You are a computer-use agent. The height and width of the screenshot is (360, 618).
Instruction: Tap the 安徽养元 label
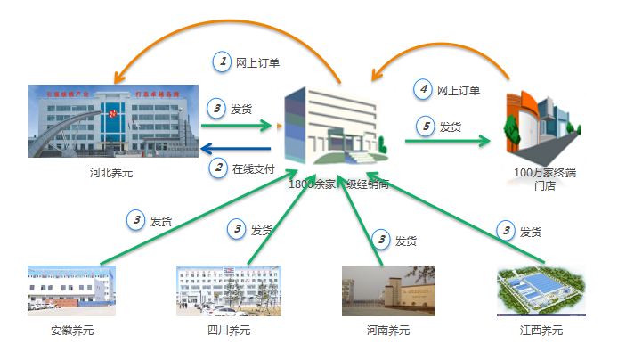72,331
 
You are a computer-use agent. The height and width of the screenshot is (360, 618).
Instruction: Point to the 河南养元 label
388,331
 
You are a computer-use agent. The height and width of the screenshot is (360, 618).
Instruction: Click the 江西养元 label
541,331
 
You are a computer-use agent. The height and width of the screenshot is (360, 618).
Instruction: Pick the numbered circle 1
221,61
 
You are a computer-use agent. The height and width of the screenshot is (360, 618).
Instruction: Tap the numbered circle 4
424,89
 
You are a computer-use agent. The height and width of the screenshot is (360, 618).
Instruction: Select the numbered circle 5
427,127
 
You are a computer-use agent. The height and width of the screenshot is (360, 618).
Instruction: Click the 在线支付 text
253,168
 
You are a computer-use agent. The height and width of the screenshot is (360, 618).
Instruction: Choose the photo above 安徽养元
72,290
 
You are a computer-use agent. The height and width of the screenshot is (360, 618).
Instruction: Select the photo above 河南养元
388,290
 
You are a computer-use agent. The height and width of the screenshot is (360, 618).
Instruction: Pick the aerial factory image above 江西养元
541,290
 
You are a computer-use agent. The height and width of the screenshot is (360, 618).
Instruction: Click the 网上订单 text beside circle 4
459,90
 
